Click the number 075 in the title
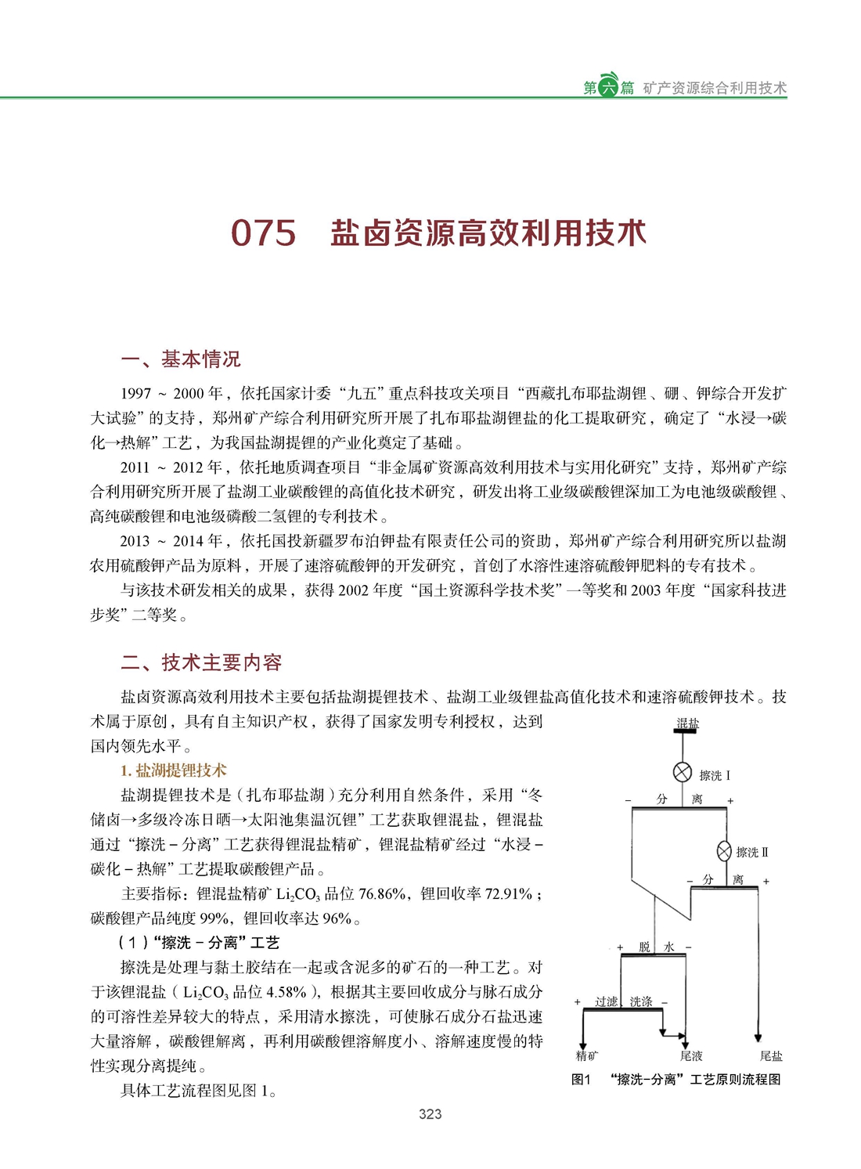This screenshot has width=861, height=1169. pyautogui.click(x=263, y=233)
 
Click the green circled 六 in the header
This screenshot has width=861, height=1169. pyautogui.click(x=608, y=87)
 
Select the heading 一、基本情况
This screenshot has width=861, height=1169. pyautogui.click(x=181, y=359)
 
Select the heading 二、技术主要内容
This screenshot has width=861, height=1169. pyautogui.click(x=201, y=662)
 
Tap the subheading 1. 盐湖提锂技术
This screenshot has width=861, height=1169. pyautogui.click(x=174, y=770)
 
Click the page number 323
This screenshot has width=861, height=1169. pyautogui.click(x=430, y=1113)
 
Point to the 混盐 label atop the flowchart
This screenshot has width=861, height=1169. pyautogui.click(x=687, y=723)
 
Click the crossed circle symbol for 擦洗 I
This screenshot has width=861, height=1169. pyautogui.click(x=683, y=773)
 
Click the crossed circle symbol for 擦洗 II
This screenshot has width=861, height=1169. pyautogui.click(x=725, y=851)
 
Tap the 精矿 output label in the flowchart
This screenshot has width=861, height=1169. pyautogui.click(x=586, y=1055)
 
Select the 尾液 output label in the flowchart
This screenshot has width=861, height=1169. pyautogui.click(x=690, y=1055)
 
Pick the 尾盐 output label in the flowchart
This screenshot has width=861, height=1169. pyautogui.click(x=771, y=1055)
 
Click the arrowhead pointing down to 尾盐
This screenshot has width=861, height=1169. pyautogui.click(x=758, y=1038)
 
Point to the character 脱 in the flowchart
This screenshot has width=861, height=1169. pyautogui.click(x=644, y=947)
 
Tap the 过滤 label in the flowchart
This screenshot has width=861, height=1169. pyautogui.click(x=606, y=1001)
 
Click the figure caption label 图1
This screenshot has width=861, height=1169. pyautogui.click(x=581, y=1080)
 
